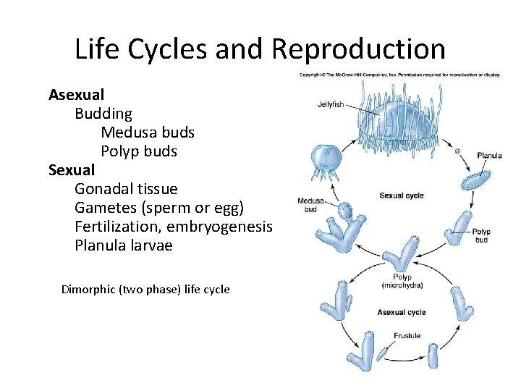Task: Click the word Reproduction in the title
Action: (359, 49)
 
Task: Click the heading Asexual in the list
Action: (76, 95)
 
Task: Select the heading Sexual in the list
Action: (71, 170)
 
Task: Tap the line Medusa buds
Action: (148, 133)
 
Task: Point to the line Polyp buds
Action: (139, 151)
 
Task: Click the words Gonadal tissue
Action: (126, 189)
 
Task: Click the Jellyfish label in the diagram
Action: (331, 104)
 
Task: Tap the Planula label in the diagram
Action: (489, 156)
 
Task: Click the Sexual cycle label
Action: (402, 195)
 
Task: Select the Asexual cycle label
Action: (402, 313)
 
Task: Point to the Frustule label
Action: (407, 335)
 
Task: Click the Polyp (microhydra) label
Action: (402, 281)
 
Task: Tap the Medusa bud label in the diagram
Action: (310, 205)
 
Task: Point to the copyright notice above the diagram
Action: (399, 75)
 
